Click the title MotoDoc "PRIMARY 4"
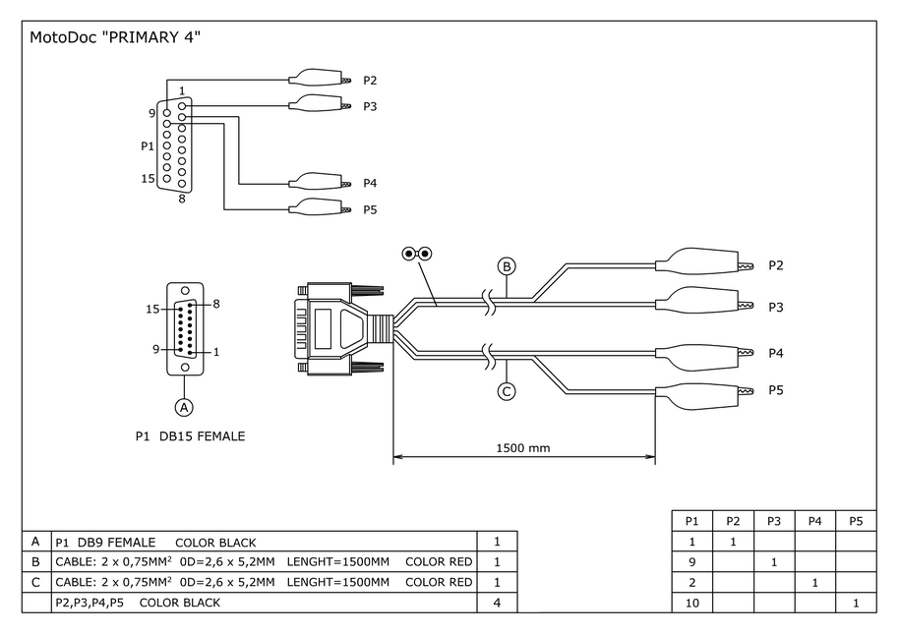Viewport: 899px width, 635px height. click(115, 38)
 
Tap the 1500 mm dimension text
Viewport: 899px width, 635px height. click(522, 448)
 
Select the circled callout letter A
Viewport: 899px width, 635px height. click(182, 405)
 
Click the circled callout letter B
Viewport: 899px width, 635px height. click(507, 266)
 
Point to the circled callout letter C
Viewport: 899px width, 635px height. click(507, 391)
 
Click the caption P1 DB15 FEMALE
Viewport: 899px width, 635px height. click(190, 436)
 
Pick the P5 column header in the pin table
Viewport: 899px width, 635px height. click(855, 521)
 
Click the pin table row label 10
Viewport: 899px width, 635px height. click(691, 603)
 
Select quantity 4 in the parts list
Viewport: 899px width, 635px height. click(498, 603)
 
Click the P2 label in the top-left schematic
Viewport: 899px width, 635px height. click(370, 81)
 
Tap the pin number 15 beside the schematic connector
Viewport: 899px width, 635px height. click(148, 179)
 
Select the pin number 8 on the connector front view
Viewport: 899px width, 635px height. click(215, 304)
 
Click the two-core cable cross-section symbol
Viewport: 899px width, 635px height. click(417, 254)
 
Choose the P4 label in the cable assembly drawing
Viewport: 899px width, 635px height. click(776, 352)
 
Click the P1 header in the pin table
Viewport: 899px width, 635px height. click(691, 521)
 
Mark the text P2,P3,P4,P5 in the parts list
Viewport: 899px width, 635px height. click(92, 603)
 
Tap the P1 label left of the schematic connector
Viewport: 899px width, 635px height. click(148, 146)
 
